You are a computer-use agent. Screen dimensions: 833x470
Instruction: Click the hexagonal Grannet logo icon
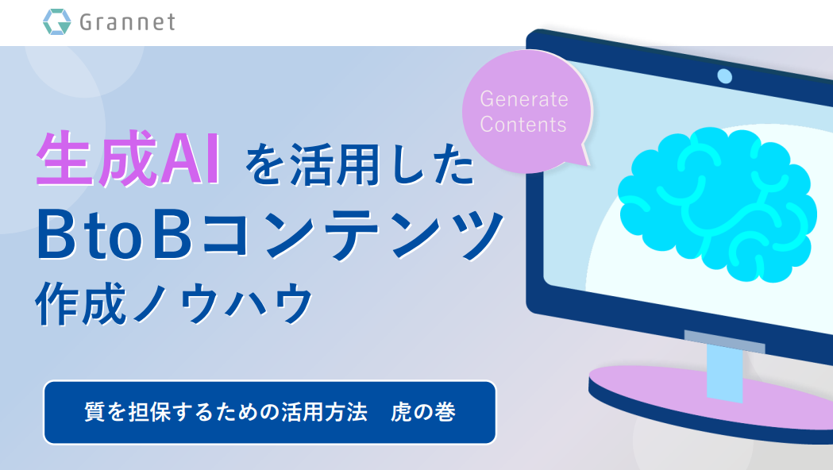click(57, 21)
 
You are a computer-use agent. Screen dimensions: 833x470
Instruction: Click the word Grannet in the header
click(128, 22)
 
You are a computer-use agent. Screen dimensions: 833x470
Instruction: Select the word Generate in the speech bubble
click(524, 99)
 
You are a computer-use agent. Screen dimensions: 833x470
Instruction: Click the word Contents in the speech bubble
click(523, 125)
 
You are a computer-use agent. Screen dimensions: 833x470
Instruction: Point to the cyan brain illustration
click(717, 205)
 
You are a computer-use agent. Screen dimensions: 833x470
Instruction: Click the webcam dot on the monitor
click(725, 76)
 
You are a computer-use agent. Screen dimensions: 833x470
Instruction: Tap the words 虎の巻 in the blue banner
click(423, 412)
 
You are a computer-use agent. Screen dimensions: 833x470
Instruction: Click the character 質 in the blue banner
click(95, 412)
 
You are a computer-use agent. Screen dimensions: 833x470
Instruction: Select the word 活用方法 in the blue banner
click(324, 412)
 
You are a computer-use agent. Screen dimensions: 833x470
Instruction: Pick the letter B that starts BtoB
click(56, 235)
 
